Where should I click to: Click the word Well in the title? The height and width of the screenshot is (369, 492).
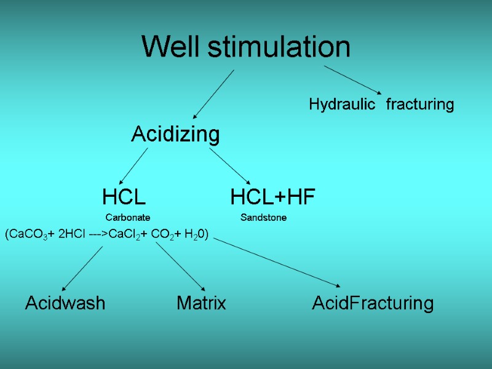(x=170, y=47)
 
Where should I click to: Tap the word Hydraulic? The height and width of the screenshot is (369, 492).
(x=341, y=105)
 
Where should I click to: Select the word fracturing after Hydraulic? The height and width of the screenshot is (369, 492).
(x=420, y=105)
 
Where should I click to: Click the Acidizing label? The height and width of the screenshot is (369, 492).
(x=175, y=134)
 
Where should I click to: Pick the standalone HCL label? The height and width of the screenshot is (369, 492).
(x=124, y=197)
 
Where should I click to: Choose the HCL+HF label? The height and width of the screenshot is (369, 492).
(x=272, y=197)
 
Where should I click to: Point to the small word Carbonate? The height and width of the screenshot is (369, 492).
(x=128, y=218)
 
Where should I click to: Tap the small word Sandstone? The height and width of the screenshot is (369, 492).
(x=263, y=218)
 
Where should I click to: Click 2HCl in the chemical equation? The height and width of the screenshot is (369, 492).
(x=72, y=234)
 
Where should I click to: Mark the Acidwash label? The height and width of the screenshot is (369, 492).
(x=65, y=303)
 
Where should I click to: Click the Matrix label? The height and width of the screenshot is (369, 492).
(x=201, y=303)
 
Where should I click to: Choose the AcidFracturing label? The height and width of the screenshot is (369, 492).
(x=373, y=303)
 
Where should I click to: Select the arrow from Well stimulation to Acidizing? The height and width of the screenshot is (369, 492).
(x=213, y=93)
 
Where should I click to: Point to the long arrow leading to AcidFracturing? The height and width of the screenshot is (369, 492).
(x=277, y=263)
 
